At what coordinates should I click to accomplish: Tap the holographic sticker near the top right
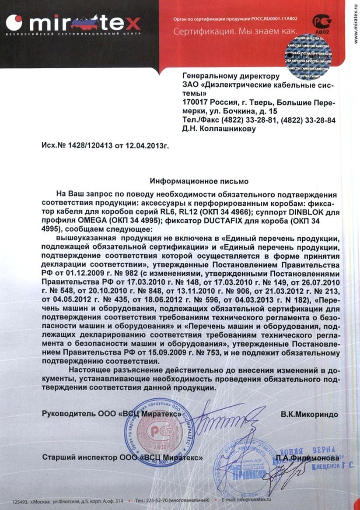tap(308, 56)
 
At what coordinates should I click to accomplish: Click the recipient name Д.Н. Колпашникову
tap(218, 129)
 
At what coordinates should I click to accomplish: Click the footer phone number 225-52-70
tap(156, 499)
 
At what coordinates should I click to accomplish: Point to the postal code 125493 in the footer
tap(20, 499)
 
